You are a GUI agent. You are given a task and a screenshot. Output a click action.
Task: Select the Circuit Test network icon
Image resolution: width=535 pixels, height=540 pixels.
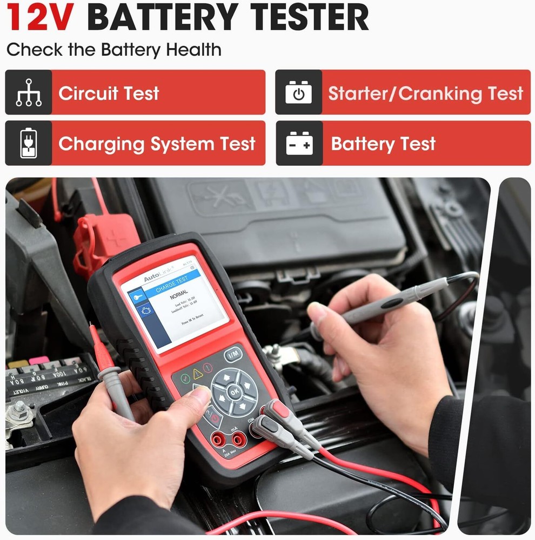pos(29,92)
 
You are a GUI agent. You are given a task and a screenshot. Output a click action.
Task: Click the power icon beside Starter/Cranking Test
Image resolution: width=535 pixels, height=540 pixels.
pos(298,92)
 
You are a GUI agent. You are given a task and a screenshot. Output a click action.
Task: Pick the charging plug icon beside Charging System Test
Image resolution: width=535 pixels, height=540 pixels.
pos(29,143)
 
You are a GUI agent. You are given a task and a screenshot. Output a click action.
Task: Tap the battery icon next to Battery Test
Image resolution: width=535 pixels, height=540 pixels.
pos(299,144)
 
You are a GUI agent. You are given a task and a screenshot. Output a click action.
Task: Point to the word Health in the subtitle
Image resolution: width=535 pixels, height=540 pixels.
pos(193,50)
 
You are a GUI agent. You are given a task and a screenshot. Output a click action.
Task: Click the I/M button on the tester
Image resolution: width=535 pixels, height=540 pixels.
pos(233,354)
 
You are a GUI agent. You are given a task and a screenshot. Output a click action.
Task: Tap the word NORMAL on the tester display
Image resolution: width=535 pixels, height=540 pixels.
pos(179,297)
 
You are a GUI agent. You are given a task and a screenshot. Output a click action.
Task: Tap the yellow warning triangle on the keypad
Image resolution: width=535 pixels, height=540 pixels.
pos(198,373)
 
